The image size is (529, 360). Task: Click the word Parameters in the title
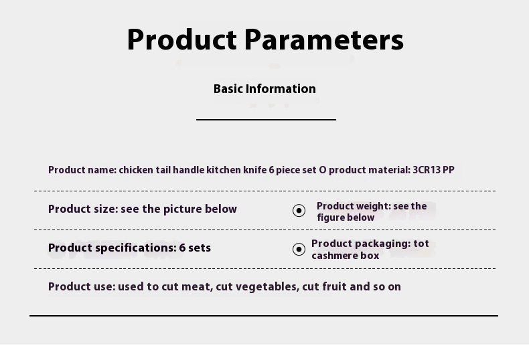pyautogui.click(x=324, y=39)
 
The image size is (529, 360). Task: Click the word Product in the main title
pyautogui.click(x=182, y=39)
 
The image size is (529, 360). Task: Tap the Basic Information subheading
pyautogui.click(x=265, y=88)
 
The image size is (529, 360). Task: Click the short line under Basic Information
pyautogui.click(x=267, y=119)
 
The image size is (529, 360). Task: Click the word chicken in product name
pyautogui.click(x=136, y=169)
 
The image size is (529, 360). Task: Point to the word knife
pyautogui.click(x=255, y=169)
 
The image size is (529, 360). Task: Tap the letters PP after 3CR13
pyautogui.click(x=449, y=169)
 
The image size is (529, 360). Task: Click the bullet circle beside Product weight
pyautogui.click(x=299, y=211)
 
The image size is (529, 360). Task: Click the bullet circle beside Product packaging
pyautogui.click(x=299, y=250)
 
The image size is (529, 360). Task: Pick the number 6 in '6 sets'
pyautogui.click(x=182, y=248)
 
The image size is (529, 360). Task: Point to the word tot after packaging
pyautogui.click(x=421, y=244)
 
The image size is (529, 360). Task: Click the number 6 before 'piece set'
pyautogui.click(x=272, y=169)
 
